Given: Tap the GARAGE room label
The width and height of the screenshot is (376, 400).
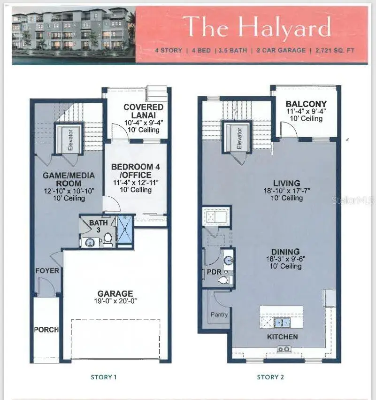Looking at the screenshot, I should tap(115, 293).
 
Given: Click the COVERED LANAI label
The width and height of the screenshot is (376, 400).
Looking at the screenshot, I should tap(143, 111).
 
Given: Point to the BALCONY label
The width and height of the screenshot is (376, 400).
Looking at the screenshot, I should tap(306, 104).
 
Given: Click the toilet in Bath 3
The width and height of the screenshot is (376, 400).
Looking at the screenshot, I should tap(108, 239).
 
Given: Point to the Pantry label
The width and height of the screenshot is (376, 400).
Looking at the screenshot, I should tap(219, 314).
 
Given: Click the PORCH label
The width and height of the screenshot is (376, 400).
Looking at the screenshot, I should tap(46, 330).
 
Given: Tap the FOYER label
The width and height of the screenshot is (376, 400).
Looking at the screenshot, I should tap(47, 270).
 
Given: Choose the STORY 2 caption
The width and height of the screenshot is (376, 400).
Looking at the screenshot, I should tap(270, 377).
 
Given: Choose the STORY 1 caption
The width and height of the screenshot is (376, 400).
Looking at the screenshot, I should tap(103, 377).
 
